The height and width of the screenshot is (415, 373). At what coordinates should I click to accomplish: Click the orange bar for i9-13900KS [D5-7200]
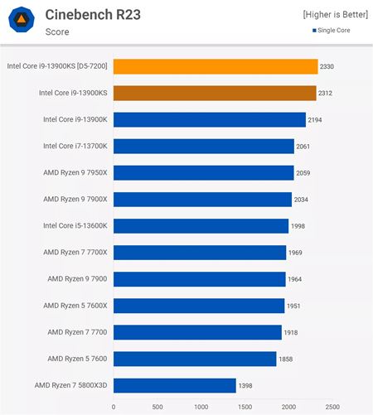[x=216, y=66]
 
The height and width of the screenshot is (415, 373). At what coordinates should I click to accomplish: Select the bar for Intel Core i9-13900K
[x=209, y=119]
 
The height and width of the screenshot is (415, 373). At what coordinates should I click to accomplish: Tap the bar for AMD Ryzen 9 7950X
[x=203, y=172]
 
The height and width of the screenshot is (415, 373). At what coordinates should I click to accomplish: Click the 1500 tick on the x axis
[x=245, y=407]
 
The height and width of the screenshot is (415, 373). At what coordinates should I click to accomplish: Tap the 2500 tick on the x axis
[x=332, y=407]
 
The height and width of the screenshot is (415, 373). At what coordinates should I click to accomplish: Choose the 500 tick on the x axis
[x=157, y=407]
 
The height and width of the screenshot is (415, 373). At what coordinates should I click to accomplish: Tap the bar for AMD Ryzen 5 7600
[x=194, y=359]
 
